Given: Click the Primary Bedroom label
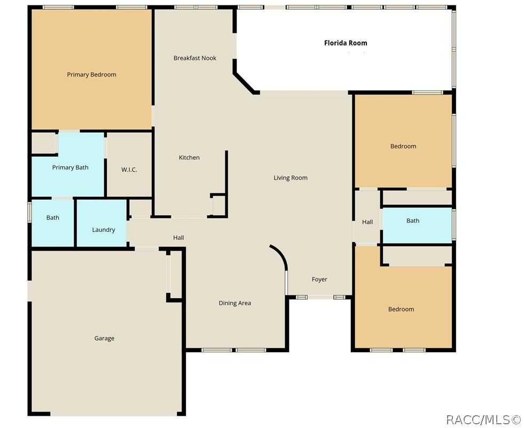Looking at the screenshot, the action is pos(91,75).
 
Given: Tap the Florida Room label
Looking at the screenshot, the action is pos(346,43).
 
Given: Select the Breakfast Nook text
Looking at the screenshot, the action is pos(195,58).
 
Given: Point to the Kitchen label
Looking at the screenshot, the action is pos(189,158).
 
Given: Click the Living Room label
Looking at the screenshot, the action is pos(291,178).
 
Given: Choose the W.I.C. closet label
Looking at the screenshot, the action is pos(129,170).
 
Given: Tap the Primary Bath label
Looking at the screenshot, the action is pos(70,168).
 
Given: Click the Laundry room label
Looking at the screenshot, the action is pos(104,230).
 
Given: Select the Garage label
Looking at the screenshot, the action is pos(104,338).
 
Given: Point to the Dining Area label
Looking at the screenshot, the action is pos(234,304).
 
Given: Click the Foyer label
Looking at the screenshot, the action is pos(319,279).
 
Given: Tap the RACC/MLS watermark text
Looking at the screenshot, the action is pos(483,419).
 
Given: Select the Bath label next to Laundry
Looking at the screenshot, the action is pos(52,217).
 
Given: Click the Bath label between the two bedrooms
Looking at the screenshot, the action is pos(413,221).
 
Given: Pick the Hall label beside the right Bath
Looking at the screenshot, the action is pos(367,222).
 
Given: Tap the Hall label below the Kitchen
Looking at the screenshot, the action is pos(178,238).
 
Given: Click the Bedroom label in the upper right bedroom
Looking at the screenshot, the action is pos(403,146).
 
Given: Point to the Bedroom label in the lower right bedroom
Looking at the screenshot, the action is pos(401,309).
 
